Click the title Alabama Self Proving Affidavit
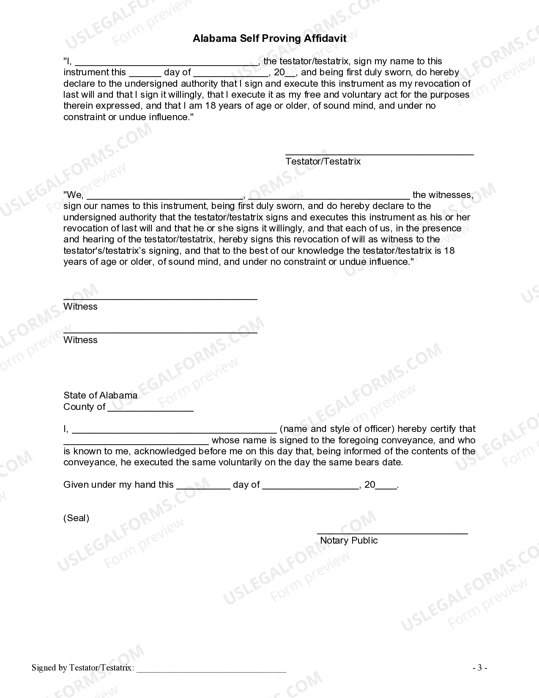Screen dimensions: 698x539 (x=269, y=38)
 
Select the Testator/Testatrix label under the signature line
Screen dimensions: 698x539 (x=323, y=162)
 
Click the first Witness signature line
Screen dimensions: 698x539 (x=160, y=299)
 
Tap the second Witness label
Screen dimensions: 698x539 (x=80, y=340)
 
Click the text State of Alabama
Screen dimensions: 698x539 (x=100, y=396)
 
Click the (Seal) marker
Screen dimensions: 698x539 (x=76, y=518)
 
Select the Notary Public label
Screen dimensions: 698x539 (x=349, y=541)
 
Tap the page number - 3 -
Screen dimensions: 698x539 (x=480, y=668)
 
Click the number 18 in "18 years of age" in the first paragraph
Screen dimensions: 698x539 (x=211, y=106)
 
